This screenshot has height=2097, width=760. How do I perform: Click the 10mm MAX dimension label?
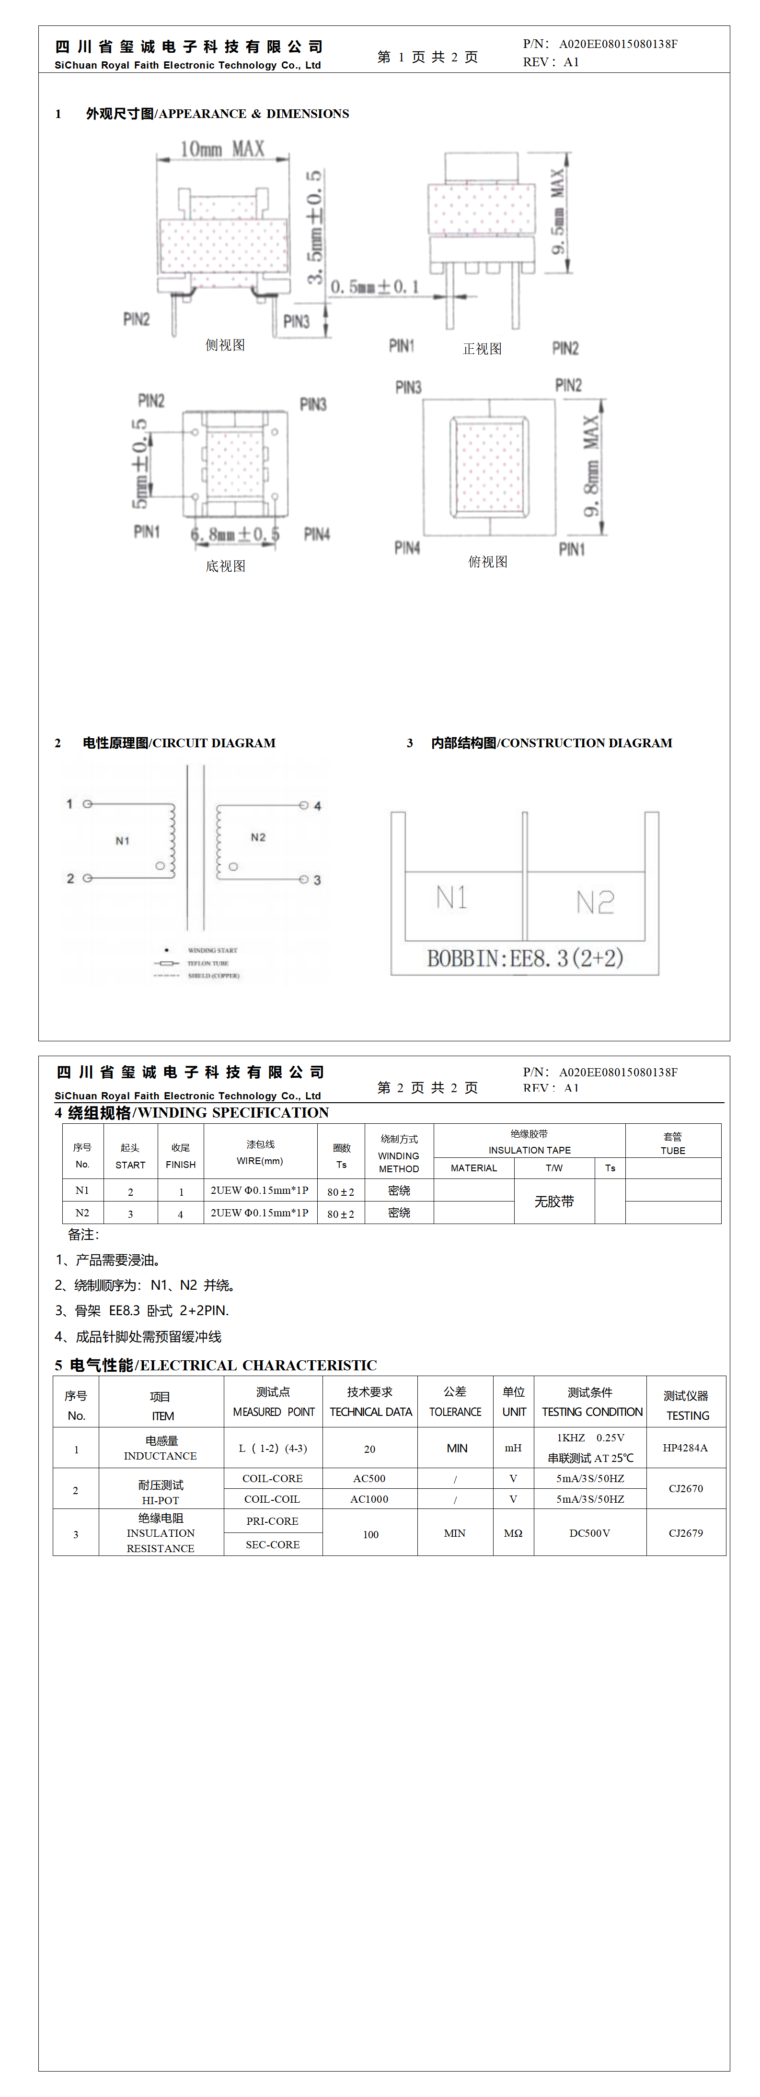click(x=222, y=149)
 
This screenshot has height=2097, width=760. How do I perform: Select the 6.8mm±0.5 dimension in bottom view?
click(x=235, y=534)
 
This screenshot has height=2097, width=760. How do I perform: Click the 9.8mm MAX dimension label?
click(x=591, y=466)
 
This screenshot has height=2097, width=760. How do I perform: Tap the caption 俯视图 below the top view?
click(x=487, y=562)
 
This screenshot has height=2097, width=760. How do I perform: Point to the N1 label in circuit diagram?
click(x=122, y=840)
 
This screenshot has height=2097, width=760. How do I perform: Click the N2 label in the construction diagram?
click(x=595, y=902)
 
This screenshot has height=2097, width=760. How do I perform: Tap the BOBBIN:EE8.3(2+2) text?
click(x=525, y=958)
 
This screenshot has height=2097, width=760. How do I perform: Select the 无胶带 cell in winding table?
click(x=554, y=1202)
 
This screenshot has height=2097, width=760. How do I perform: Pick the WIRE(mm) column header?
click(x=260, y=1161)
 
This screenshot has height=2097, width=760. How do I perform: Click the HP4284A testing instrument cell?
click(x=685, y=1448)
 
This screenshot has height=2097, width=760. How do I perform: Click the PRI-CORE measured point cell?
click(x=273, y=1520)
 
